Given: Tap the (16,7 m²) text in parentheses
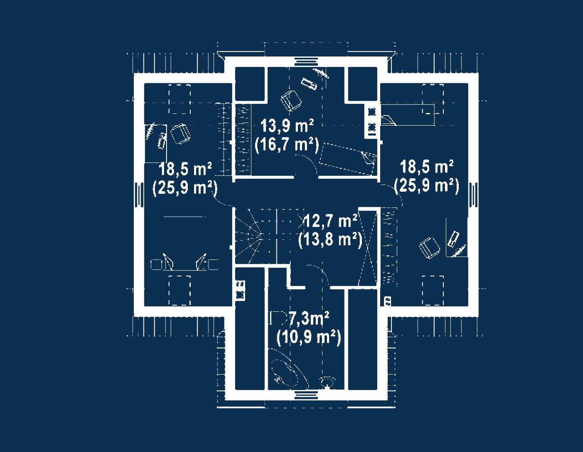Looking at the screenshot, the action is (x=287, y=145).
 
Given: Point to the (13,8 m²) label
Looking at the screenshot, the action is (x=330, y=240).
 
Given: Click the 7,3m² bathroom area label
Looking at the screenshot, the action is (x=309, y=319).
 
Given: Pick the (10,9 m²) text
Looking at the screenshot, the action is (x=309, y=337).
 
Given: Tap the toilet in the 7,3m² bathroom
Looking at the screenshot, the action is (x=327, y=383).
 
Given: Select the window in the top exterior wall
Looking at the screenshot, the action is (x=306, y=62).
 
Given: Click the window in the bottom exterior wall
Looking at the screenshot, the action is (x=306, y=395).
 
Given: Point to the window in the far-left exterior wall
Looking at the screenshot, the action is (x=139, y=195).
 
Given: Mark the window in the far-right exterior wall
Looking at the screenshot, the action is (x=473, y=195).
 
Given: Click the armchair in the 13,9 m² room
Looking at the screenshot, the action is (x=291, y=100).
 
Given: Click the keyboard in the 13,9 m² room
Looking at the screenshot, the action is (x=309, y=83).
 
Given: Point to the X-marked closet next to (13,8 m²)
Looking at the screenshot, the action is (x=368, y=247).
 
